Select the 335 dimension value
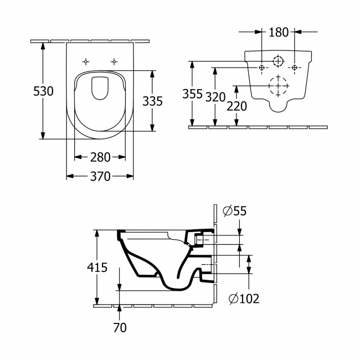(x=152, y=101)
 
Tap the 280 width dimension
(x=100, y=157)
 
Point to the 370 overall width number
(x=100, y=177)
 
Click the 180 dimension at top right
(x=279, y=32)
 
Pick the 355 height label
(x=193, y=94)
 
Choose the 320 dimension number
(x=215, y=97)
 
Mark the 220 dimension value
(x=237, y=105)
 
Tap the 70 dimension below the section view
(x=120, y=327)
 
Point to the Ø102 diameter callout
(x=244, y=299)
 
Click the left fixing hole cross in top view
(x=86, y=61)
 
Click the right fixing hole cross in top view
(x=115, y=61)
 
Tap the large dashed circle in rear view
(x=279, y=86)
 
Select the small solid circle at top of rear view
(x=279, y=60)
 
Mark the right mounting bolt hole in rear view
(x=295, y=68)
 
